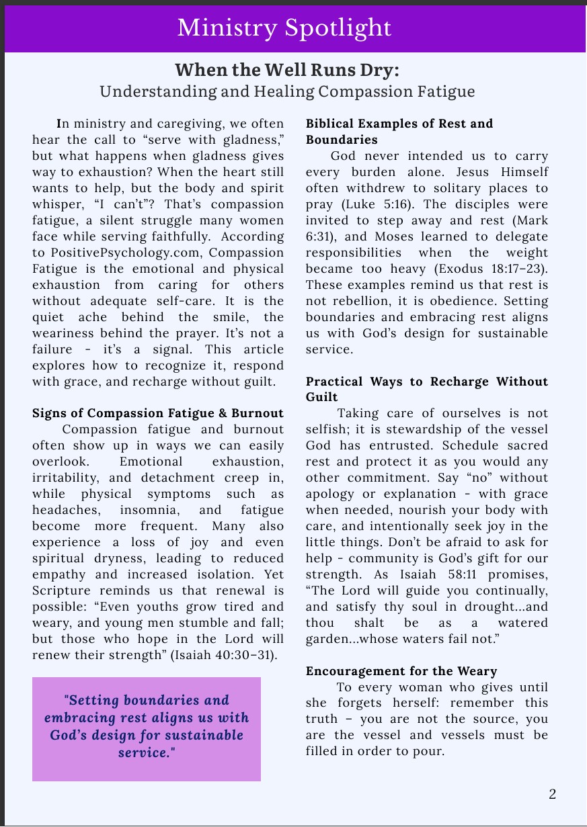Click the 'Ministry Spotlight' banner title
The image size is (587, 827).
pos(284,28)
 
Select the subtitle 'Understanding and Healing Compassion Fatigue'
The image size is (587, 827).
pos(287,91)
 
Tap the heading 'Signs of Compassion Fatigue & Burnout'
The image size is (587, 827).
pos(158,413)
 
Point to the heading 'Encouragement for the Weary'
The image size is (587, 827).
pos(401,671)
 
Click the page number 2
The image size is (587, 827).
pos(552,794)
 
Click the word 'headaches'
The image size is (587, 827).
pos(61,510)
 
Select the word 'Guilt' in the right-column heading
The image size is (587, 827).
pos(321,397)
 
